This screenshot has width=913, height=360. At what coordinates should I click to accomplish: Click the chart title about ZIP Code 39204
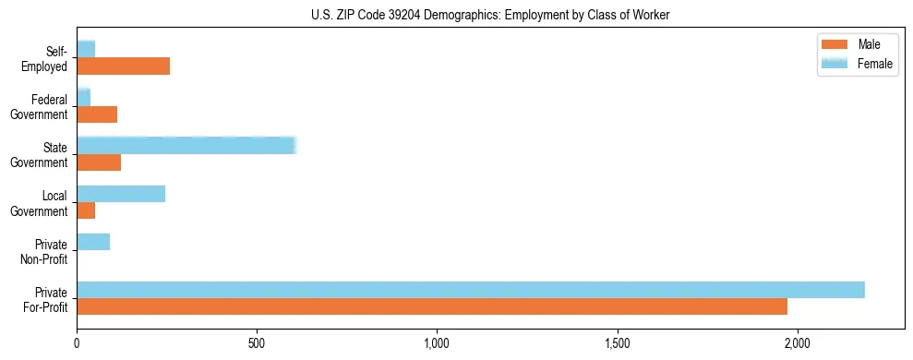[x=456, y=15]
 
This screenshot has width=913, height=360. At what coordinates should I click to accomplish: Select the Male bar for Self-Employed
[x=123, y=66]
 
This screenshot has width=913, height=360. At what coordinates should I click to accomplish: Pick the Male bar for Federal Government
[x=97, y=114]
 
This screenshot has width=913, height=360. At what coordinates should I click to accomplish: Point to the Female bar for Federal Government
[x=83, y=97]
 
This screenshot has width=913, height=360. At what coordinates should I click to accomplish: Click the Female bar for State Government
[x=186, y=145]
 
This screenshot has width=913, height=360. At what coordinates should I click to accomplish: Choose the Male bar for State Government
[x=99, y=162]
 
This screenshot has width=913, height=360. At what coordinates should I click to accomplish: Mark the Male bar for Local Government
[x=86, y=210]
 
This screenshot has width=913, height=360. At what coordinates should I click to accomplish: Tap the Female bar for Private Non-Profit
[x=93, y=242]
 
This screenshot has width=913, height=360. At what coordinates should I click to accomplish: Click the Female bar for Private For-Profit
[x=470, y=290]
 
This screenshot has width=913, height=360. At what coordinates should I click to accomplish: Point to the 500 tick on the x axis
[x=257, y=343]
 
